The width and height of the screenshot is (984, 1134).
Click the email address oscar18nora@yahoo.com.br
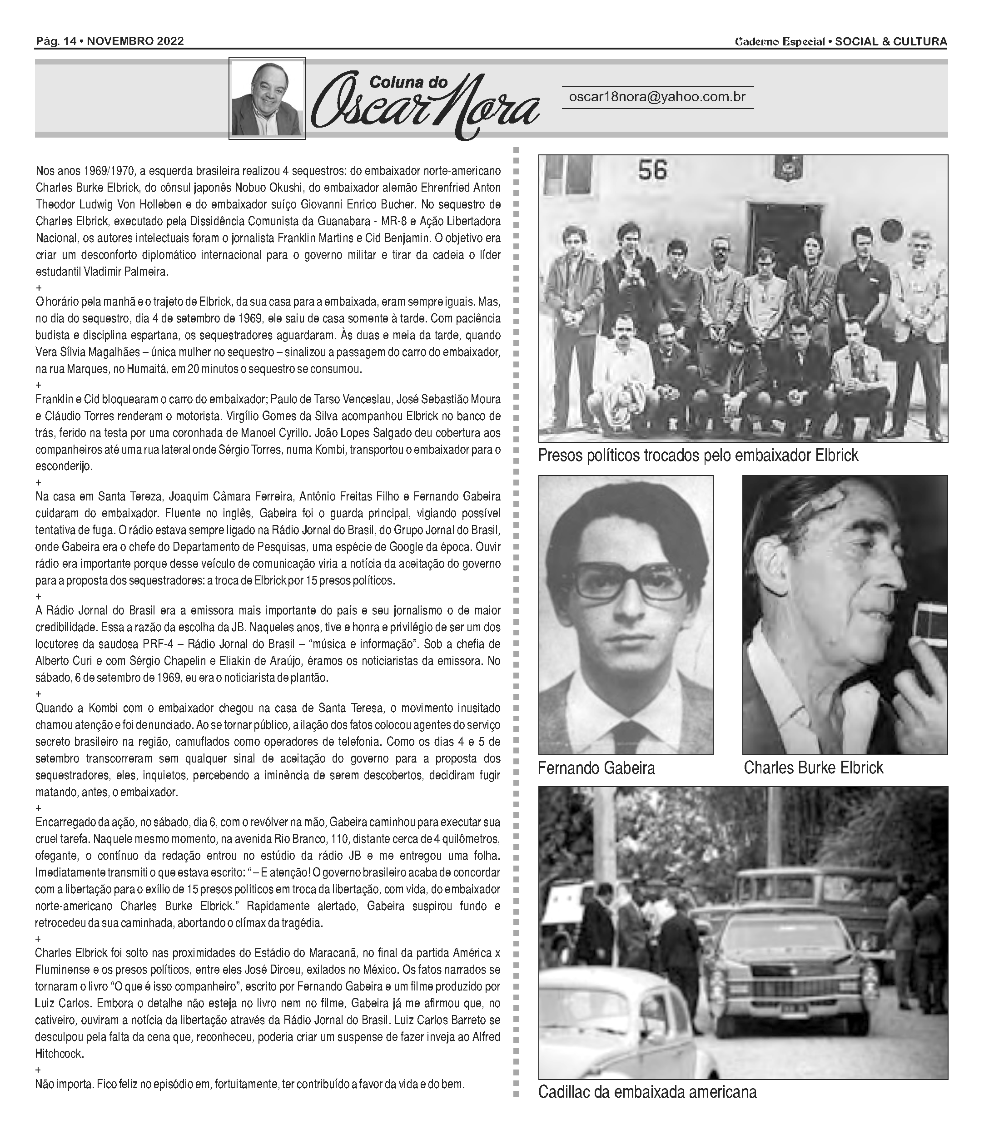pos(657,97)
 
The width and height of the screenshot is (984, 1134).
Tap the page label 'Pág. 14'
pos(55,41)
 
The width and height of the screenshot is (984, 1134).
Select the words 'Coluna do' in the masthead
pos(408,83)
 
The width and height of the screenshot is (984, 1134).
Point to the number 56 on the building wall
pos(652,170)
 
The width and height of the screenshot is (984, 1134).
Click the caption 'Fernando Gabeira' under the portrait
pos(596,768)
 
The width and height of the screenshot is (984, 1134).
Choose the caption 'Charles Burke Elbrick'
pos(813,768)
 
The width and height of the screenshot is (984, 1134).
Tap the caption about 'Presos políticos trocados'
pos(697,456)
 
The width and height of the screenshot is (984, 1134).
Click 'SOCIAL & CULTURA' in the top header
pos(891,42)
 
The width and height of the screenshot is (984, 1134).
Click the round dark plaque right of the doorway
pos(892,229)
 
